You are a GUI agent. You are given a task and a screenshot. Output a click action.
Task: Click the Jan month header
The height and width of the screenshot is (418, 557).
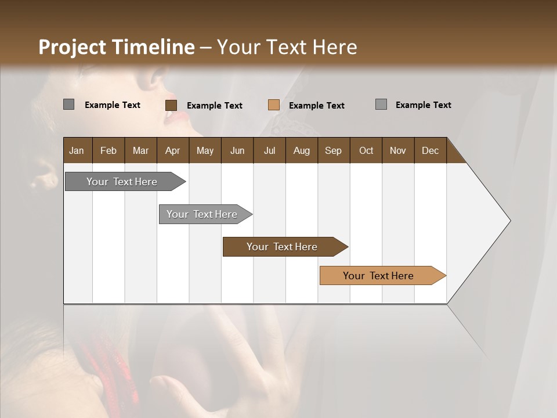coord(77,150)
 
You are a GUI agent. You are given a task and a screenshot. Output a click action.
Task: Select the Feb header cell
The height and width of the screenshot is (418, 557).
coord(108,150)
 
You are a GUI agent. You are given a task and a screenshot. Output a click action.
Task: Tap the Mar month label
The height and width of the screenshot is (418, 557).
coord(140,150)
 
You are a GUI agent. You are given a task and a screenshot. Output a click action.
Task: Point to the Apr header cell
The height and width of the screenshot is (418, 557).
coord(172,150)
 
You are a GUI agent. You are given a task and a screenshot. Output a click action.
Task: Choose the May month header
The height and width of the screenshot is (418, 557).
coord(205,150)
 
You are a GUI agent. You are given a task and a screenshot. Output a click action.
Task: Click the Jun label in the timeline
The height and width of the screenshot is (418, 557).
coord(237,150)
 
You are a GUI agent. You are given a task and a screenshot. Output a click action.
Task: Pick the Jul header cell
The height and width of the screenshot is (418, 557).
coord(269,150)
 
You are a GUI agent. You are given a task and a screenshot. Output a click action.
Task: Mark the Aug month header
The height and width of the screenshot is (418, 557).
coord(301,150)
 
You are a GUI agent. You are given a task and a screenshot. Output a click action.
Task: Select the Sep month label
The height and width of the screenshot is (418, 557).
coord(333,150)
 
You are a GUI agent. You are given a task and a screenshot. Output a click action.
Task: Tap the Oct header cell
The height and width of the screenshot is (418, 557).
coord(366,150)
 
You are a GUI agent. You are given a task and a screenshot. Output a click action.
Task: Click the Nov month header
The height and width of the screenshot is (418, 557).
coord(398,150)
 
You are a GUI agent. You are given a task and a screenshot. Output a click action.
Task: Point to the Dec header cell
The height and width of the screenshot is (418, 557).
coord(430,150)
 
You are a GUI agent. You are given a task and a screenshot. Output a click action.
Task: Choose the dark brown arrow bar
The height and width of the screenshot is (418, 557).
coord(283,247)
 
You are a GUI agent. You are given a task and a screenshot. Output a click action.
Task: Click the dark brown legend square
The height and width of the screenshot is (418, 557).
coord(171,105)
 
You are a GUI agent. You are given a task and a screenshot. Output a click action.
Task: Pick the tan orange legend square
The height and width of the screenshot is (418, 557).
coord(274,105)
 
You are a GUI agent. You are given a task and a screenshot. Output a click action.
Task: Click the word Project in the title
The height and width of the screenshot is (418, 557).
coord(73,47)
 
